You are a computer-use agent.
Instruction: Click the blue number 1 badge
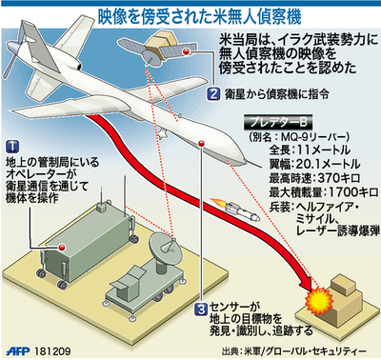(11, 145)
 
